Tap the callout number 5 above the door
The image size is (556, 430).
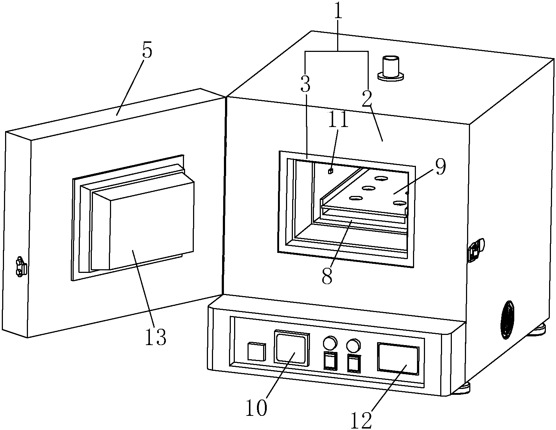147,51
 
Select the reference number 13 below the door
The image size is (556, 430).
156,337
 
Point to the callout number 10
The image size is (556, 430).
256,408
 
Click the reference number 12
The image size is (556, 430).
361,421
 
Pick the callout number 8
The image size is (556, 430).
327,276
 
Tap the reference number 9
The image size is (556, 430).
441,167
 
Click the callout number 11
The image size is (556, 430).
338,119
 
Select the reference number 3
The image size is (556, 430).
305,84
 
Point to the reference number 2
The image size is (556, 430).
367,98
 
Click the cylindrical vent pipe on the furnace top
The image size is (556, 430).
391,68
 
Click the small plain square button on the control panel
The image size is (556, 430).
257,352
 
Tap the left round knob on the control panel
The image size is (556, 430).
330,343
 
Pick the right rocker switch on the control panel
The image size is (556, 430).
354,364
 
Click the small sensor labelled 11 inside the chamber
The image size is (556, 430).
330,171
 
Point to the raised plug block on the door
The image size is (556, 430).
143,225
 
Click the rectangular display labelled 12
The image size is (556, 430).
398,359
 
